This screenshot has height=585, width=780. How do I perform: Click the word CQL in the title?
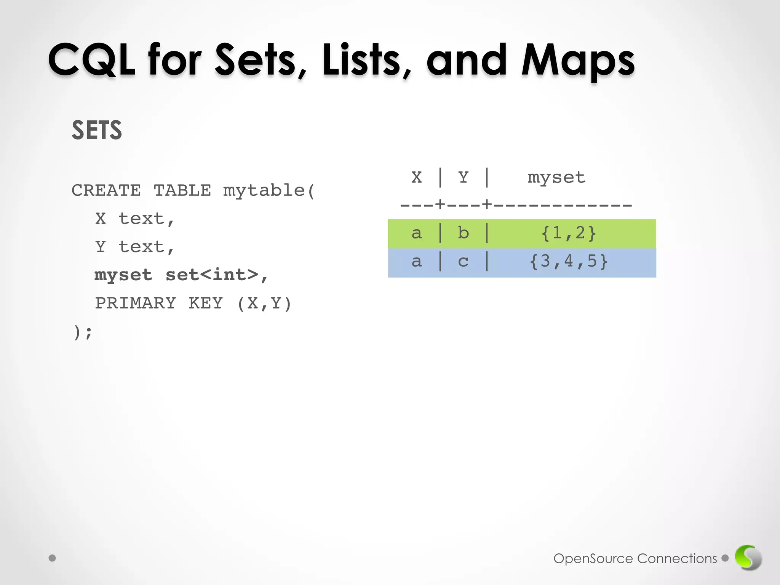point(91,60)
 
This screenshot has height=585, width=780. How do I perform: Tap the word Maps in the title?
point(577,61)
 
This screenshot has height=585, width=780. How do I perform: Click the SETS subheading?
point(97,130)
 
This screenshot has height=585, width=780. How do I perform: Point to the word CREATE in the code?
point(106,190)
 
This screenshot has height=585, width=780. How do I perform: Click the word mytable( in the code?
point(269,190)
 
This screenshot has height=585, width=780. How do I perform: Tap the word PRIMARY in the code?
point(136,303)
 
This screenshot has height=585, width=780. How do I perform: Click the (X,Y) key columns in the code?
point(264,304)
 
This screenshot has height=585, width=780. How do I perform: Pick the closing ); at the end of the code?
point(83,332)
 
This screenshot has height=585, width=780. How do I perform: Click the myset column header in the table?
point(556,177)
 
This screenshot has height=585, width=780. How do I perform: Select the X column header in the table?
point(417,177)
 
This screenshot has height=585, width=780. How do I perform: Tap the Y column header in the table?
point(463,177)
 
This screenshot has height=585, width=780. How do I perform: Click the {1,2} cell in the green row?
point(568,233)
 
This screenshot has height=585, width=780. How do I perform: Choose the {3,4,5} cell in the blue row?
point(568,261)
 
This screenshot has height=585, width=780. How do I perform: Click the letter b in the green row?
point(463,233)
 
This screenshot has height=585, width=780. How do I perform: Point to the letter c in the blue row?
point(463,262)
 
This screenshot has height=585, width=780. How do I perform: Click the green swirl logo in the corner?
point(748,558)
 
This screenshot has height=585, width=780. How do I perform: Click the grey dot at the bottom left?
point(53,558)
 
